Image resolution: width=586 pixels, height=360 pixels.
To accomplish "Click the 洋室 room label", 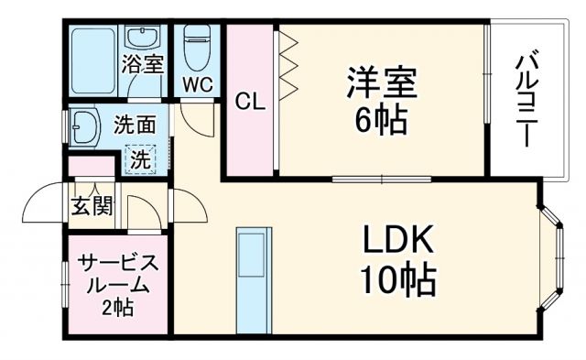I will pyautogui.click(x=382, y=82).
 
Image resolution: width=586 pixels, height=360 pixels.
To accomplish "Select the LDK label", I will pyautogui.click(x=399, y=241).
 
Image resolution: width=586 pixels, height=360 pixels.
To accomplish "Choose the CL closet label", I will pyautogui.click(x=249, y=102).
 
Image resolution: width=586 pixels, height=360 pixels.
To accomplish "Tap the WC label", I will pyautogui.click(x=197, y=84).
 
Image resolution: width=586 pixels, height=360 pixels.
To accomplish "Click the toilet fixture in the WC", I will pyautogui.click(x=197, y=49).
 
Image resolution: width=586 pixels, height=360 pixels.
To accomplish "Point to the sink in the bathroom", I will pyautogui.click(x=143, y=39).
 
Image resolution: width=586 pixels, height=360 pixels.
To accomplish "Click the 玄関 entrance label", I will pyautogui.click(x=92, y=205).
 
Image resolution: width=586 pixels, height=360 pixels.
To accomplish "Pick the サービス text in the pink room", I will pyautogui.click(x=117, y=263).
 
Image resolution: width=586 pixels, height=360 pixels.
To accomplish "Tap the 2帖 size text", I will pyautogui.click(x=117, y=308).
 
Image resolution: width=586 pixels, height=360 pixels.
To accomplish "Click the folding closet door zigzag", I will pyautogui.click(x=288, y=64).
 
